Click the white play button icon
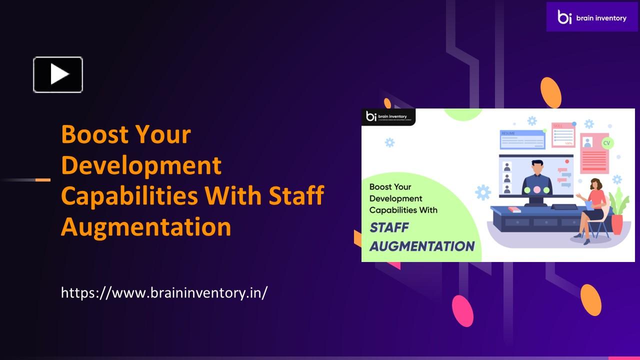coord(58,74)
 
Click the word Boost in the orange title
coord(93,134)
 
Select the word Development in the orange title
coord(141,165)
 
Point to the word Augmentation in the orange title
coord(146,226)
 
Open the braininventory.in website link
coord(164,292)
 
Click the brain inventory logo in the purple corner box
coord(592,17)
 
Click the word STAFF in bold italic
coord(389,228)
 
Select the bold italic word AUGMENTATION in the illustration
coord(421,246)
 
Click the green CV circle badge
coord(607,143)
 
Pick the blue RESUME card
coord(522,139)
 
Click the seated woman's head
coord(595,184)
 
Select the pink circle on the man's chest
coord(536,190)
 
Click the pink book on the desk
coord(514,209)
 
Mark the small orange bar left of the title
coord(43,179)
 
